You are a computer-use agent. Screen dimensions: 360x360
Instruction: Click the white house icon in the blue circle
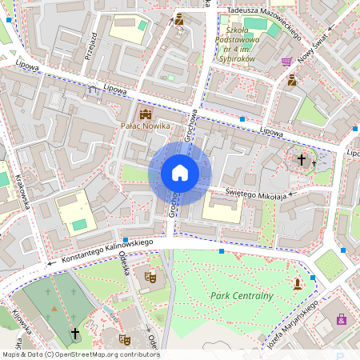coord(180,173)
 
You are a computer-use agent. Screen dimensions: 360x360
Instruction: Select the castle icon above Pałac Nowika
coord(145,113)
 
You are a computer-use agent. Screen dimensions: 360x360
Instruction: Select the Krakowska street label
coord(24,191)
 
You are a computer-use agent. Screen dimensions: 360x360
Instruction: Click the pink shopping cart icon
coord(286,61)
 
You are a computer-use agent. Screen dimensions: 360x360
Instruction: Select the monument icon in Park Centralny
coord(298,283)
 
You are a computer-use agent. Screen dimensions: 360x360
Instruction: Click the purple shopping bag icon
coord(342,318)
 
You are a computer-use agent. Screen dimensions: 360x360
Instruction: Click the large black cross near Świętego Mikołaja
coord(302,160)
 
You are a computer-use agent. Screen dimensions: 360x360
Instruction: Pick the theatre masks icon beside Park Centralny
coord(150,277)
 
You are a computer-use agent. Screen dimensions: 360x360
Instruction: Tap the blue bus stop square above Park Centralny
coord(222,251)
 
